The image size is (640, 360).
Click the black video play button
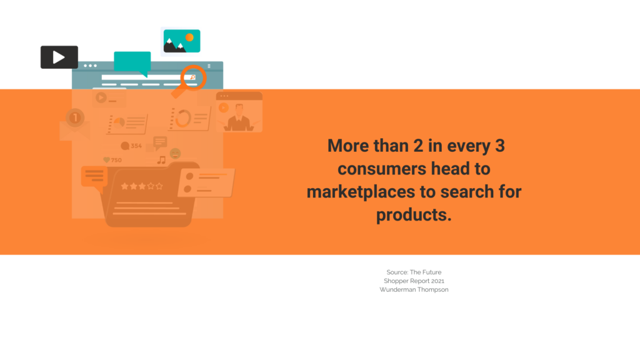pos(59,57)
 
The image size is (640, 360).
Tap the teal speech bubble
pos(132,62)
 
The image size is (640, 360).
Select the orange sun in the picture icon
pos(189,37)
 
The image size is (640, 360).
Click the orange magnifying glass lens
pos(194,77)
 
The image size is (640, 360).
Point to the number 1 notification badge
pos(75,118)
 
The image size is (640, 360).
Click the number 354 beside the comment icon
pos(136,146)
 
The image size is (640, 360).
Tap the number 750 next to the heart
pos(116,160)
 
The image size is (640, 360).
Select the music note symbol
pos(162,160)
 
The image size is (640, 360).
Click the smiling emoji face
pos(175,154)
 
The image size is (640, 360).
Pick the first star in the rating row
pos(124,186)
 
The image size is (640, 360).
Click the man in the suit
pos(239,118)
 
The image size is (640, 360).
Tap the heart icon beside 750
pos(106,160)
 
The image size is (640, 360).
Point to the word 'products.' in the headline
pos(414,215)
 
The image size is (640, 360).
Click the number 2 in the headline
pos(418,146)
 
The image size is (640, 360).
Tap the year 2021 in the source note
pos(437,281)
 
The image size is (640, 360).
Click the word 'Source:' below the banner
pos(397,272)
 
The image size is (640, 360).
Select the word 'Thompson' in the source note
pos(432,290)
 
